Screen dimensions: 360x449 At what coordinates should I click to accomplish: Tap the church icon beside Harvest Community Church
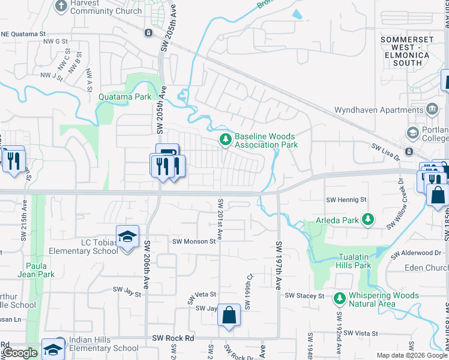61,6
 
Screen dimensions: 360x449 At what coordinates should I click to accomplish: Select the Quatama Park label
125,96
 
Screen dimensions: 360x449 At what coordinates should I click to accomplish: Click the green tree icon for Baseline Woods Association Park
225,140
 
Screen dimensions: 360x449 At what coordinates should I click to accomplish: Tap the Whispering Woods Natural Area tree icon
339,298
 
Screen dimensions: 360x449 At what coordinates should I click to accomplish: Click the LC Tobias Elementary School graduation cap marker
127,237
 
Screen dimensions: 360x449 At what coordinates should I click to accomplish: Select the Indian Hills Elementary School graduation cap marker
53,349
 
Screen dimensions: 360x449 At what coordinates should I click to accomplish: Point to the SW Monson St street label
194,241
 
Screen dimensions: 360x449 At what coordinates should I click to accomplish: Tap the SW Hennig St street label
345,199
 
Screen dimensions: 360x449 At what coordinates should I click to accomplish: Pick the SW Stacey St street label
304,296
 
